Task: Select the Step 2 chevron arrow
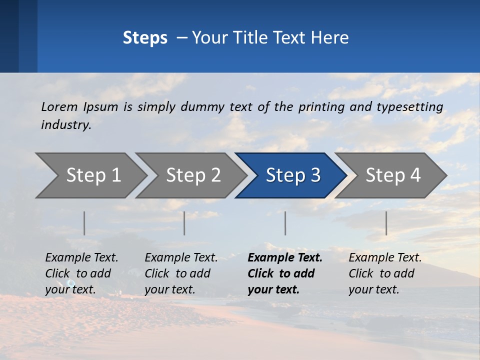[x=193, y=175]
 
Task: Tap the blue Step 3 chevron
[x=293, y=175]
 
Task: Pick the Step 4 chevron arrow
[x=393, y=175]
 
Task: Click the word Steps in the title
[x=145, y=38]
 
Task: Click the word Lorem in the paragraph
[x=59, y=106]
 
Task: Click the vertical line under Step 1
[x=84, y=223]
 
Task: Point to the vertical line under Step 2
[x=184, y=223]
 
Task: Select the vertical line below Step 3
[x=285, y=223]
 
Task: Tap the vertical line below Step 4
[x=386, y=223]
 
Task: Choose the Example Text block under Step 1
[x=81, y=273]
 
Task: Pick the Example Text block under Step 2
[x=181, y=273]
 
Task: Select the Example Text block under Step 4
[x=385, y=273]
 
